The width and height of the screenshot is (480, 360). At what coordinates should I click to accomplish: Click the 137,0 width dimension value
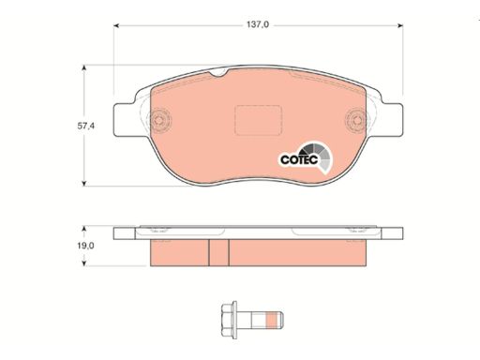(x=258, y=24)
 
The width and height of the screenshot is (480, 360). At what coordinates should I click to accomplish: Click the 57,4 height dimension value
(x=86, y=126)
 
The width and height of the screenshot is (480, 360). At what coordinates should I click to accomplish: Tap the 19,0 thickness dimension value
(x=85, y=246)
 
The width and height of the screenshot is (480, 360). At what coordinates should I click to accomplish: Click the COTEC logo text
(x=299, y=159)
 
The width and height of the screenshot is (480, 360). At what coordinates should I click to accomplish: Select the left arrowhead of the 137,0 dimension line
(x=116, y=25)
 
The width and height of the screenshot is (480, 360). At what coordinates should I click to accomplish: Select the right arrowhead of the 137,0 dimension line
(x=400, y=25)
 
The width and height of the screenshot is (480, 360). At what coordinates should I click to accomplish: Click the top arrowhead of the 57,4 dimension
(x=83, y=67)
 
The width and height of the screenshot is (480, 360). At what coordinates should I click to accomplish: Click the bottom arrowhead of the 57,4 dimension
(x=83, y=184)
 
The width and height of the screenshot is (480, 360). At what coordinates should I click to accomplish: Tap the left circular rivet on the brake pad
(x=159, y=120)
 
